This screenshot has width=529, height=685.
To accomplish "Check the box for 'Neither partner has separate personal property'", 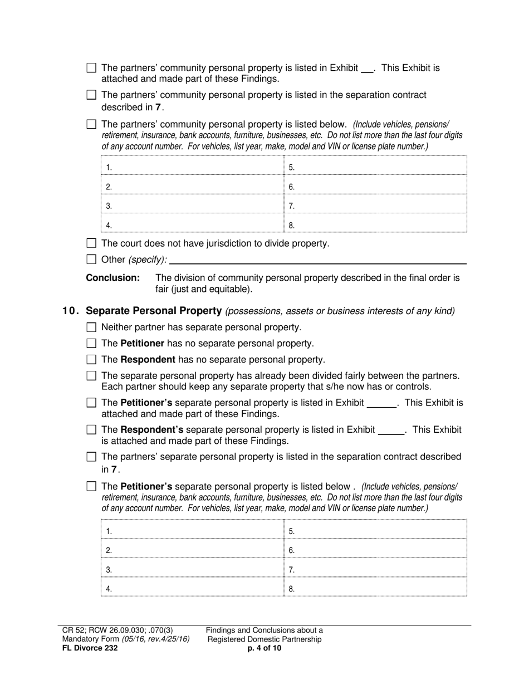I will (x=92, y=327).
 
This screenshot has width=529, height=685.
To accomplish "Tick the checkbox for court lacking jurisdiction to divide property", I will (x=92, y=243).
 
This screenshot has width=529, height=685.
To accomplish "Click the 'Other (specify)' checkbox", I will (x=92, y=260).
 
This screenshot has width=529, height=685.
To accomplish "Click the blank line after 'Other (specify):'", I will (x=317, y=260).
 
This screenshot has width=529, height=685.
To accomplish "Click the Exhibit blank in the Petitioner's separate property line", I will (x=382, y=403).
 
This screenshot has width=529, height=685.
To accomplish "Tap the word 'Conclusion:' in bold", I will (x=112, y=277).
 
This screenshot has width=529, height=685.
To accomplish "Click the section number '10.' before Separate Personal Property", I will (x=71, y=311).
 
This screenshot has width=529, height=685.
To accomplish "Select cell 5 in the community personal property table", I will (x=375, y=167).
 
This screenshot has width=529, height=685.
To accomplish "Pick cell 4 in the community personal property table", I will (x=192, y=224).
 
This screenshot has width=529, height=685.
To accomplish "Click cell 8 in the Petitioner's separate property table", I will (x=375, y=588).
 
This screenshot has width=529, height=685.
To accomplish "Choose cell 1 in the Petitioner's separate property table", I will (x=192, y=530).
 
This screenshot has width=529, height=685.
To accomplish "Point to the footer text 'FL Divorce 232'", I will (x=90, y=648).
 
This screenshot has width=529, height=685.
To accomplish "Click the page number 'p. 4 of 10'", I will (x=264, y=648).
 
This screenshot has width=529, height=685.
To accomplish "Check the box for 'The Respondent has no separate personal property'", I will (x=92, y=360).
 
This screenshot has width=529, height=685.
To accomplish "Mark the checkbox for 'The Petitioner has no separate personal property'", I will (x=92, y=344).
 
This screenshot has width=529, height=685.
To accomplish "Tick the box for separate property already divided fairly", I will (x=92, y=376).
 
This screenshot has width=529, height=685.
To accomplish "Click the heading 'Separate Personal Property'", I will (x=154, y=311).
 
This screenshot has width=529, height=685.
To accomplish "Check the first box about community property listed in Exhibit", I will (x=92, y=68).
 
